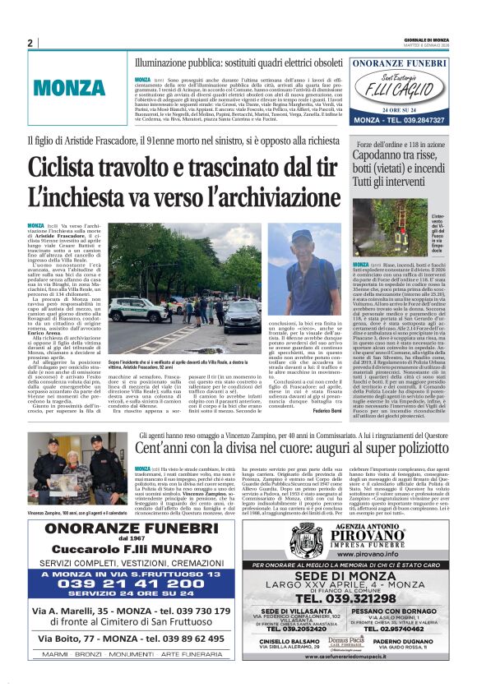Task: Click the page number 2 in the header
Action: coord(30,43)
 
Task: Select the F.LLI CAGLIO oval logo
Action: coord(398,84)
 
